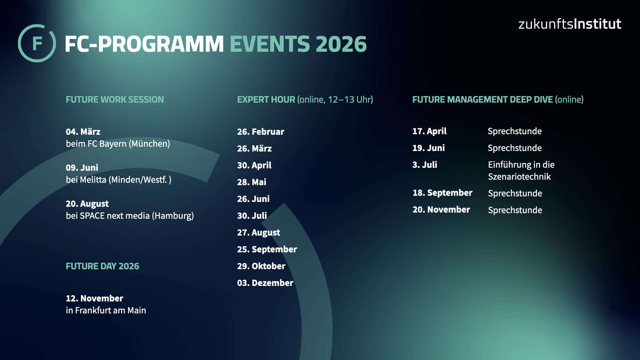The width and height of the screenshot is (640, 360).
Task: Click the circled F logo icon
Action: point(37,43)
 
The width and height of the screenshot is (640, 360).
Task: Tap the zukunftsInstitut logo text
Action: point(570,24)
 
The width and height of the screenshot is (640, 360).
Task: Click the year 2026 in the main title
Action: point(341,44)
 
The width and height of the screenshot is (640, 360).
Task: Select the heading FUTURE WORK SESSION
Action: point(115,100)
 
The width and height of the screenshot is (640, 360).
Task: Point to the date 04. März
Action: point(83,132)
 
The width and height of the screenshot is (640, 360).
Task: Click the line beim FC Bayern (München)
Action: point(118,144)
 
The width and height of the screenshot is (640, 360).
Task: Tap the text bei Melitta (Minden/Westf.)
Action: point(118,180)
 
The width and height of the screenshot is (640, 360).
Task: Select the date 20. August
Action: point(87,204)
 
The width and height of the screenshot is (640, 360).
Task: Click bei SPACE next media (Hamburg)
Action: point(130,216)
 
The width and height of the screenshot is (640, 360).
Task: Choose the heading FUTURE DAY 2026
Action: point(102,266)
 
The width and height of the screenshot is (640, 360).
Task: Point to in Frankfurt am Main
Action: point(106,310)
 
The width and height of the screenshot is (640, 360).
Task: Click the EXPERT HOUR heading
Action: point(266,100)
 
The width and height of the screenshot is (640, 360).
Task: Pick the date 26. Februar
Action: point(261,132)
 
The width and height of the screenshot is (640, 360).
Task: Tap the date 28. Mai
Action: point(252,182)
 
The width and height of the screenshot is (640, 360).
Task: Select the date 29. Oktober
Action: point(261,266)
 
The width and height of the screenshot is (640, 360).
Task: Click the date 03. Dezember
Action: point(265,283)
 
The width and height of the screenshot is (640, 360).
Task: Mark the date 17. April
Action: point(429,131)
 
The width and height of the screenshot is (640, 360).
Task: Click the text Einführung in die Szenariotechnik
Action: point(521,170)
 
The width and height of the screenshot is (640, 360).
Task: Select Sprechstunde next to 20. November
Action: point(515,210)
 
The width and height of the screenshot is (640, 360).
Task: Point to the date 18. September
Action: point(442,193)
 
